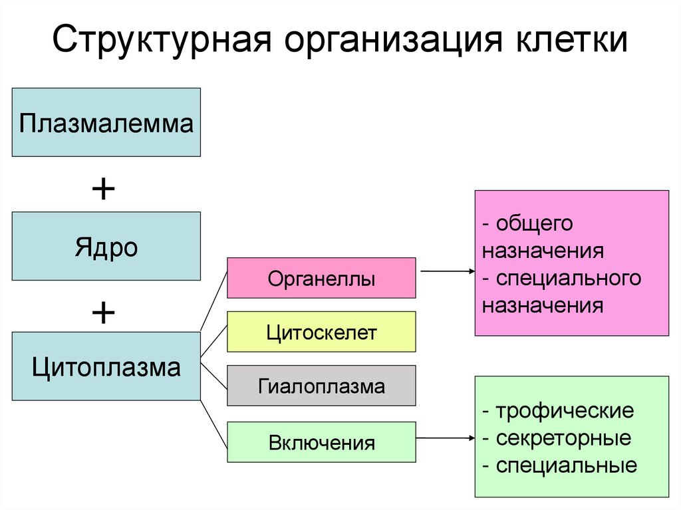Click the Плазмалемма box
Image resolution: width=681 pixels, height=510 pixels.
tap(106, 122)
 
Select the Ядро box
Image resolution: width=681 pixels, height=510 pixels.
tap(106, 246)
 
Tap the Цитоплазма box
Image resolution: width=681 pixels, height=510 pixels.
tap(106, 366)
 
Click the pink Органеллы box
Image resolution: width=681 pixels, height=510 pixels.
tap(321, 278)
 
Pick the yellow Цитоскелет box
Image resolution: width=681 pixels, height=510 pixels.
tap(321, 331)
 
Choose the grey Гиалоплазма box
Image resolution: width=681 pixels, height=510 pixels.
tap(321, 386)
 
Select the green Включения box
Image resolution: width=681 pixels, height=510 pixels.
tap(321, 442)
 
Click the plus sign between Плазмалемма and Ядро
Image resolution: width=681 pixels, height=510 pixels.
tap(103, 190)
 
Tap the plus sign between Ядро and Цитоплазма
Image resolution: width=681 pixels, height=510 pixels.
tap(103, 311)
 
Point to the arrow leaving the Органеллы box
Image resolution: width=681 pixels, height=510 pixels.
tap(446, 271)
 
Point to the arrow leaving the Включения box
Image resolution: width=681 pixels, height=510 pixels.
tap(446, 438)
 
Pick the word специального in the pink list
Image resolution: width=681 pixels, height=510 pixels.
tap(568, 278)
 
